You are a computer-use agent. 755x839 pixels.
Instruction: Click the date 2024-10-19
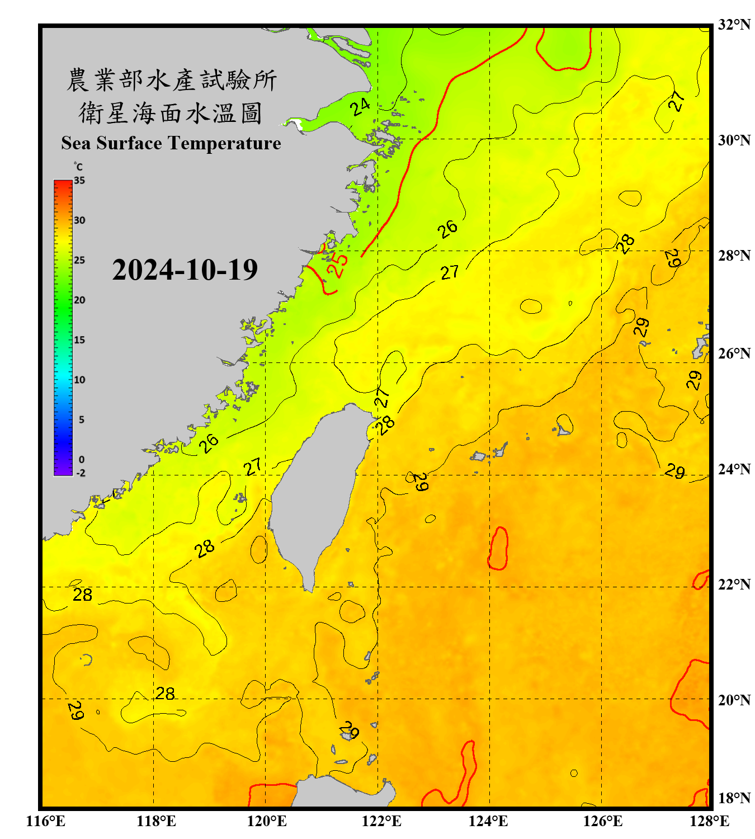pos(185,270)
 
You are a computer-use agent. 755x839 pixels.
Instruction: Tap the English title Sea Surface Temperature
pos(171,143)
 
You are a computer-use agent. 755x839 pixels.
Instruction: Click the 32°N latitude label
pos(734,25)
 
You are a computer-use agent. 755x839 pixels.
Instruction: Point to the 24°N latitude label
pos(734,469)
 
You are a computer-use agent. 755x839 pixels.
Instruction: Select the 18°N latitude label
pos(734,798)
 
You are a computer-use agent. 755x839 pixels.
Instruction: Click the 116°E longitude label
pos(46,821)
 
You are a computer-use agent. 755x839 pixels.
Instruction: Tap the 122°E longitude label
pos(381,821)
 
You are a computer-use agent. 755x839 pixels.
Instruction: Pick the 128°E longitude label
pos(709,821)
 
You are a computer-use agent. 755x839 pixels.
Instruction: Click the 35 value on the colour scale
pos(79,181)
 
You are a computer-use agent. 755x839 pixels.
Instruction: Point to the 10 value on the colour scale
pos(79,380)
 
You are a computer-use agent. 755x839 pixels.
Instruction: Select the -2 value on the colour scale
pos(81,473)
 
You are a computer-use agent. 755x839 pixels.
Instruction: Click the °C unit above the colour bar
pos(78,167)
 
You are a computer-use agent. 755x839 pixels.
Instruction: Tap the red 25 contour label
pos(337,265)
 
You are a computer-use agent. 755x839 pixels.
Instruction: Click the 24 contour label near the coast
pos(361,106)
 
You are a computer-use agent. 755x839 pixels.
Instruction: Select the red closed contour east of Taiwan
pos(498,548)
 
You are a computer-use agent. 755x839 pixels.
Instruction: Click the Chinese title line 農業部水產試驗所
pos(171,80)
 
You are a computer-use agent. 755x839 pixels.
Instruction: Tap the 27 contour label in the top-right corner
pos(677,101)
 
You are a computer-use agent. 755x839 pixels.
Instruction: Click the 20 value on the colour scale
pos(79,300)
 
